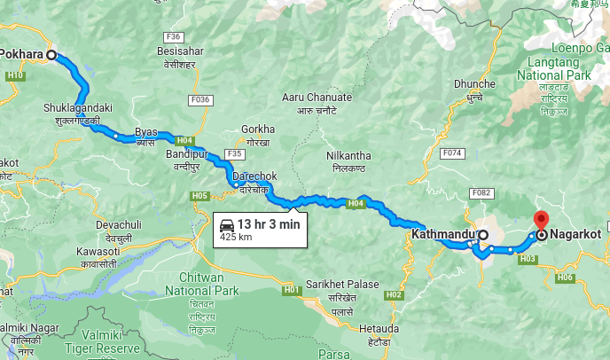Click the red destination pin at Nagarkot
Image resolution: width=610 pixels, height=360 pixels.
pos(541,220)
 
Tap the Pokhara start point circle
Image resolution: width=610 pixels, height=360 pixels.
pos(51,55)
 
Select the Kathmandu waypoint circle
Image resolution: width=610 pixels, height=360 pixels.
pos(483,235)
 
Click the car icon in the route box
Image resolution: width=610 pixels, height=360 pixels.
pos(227,225)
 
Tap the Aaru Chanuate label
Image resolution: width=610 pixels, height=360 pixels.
pos(317,98)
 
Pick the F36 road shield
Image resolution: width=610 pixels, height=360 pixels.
pos(173,37)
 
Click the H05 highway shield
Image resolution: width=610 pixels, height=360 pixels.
pos(199,195)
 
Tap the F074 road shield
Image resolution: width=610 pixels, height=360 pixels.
pos(453,153)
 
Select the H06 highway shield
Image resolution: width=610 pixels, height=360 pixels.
pos(566,278)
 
